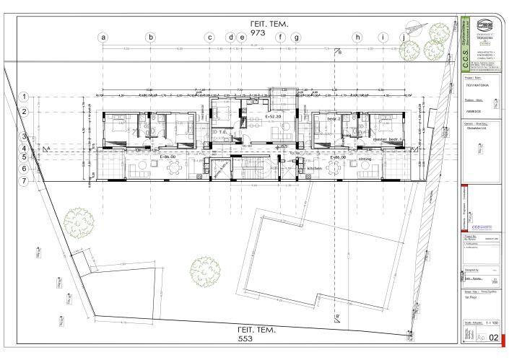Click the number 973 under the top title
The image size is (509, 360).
[x=258, y=33]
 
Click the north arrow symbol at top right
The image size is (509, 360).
[x=415, y=27]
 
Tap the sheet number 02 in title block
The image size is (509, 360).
[x=494, y=336]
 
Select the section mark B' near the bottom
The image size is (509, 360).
[x=337, y=317]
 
